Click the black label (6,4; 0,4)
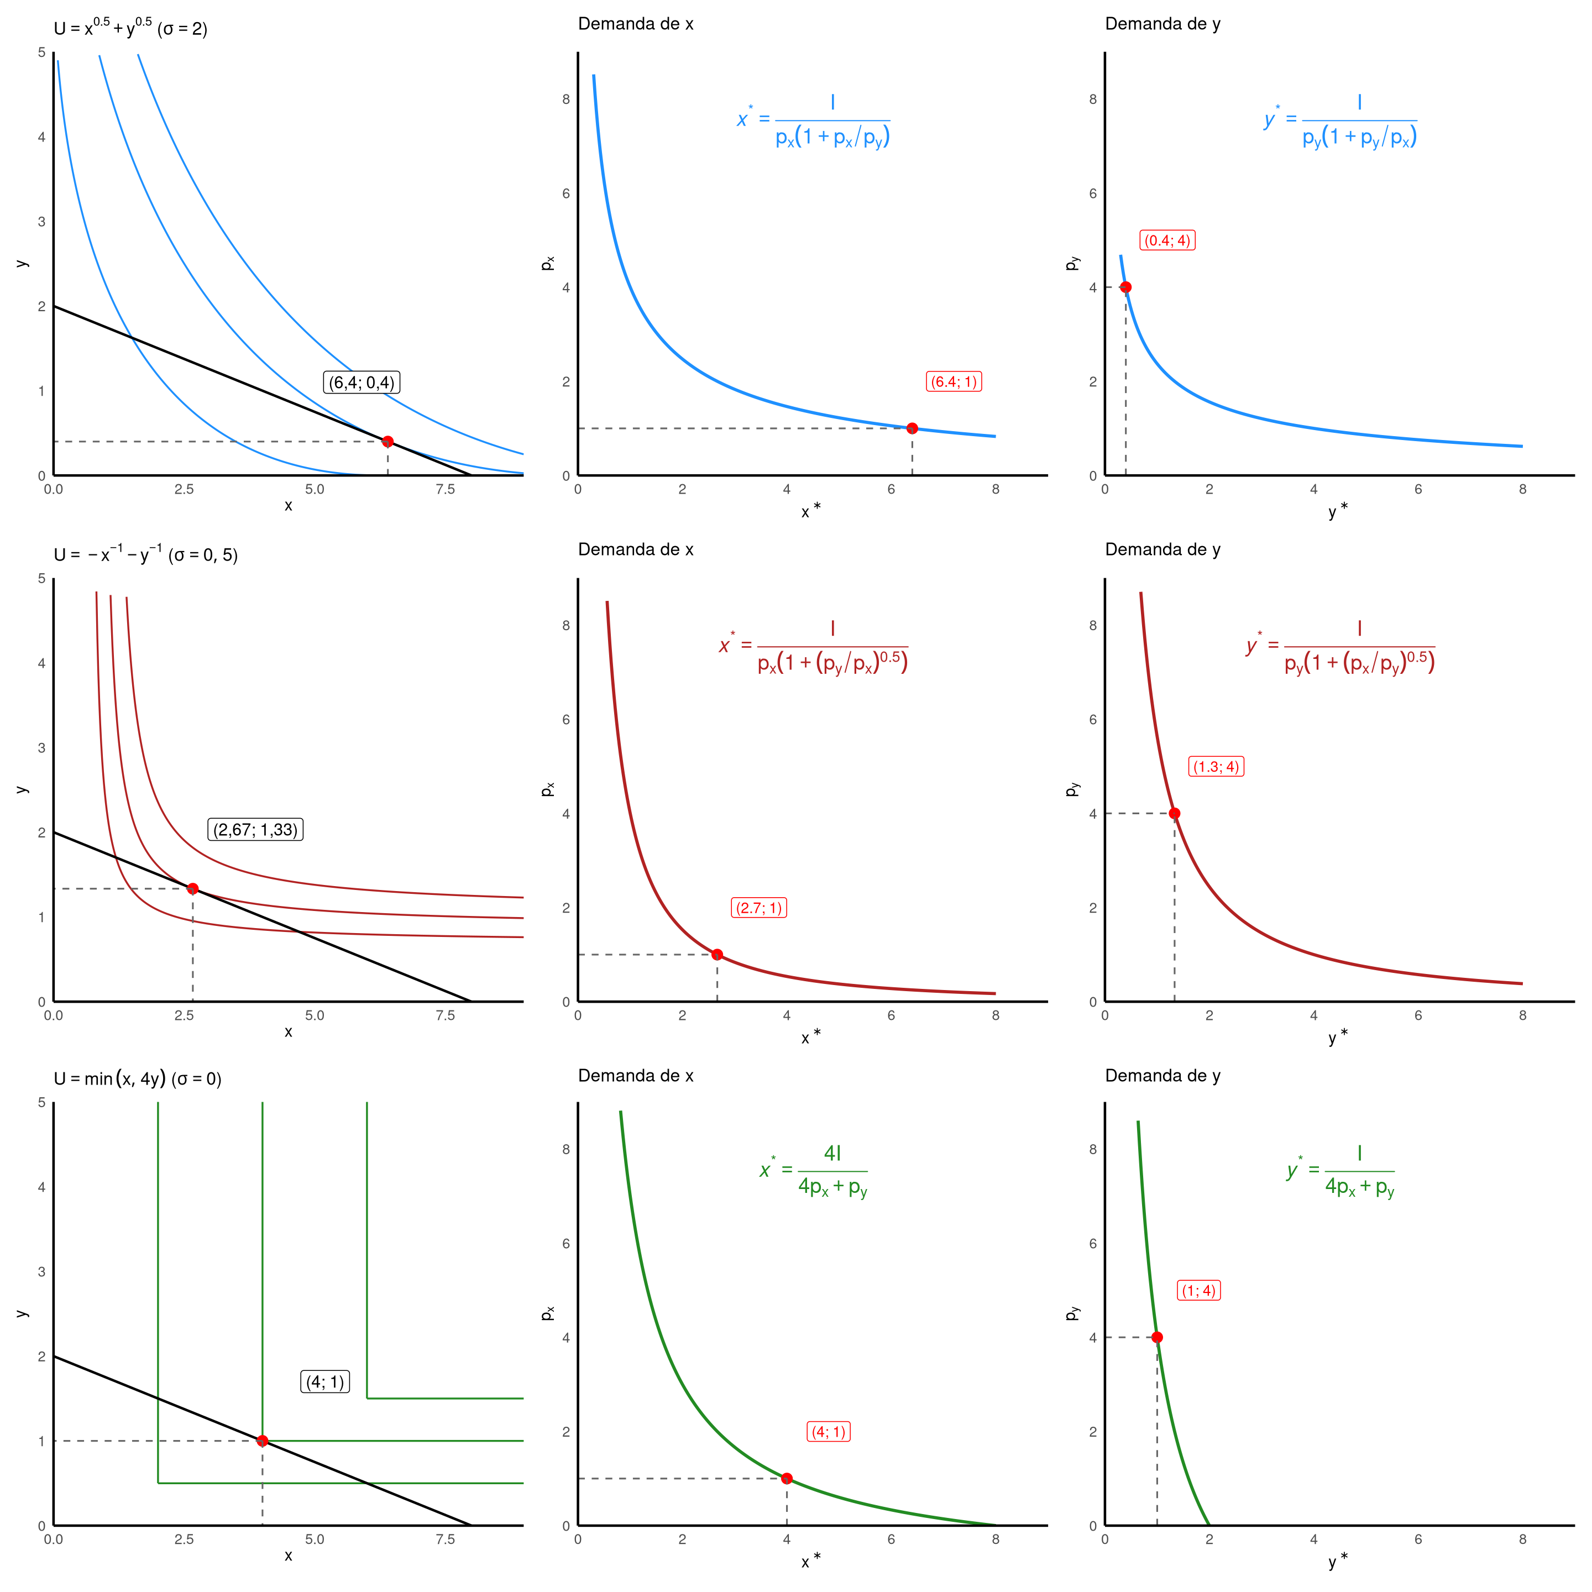point(361,383)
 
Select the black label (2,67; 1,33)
point(255,830)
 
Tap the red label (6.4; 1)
point(954,381)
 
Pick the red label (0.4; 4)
point(1167,240)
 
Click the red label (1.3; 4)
point(1216,766)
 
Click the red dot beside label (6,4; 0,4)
point(388,442)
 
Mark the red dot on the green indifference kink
point(262,1441)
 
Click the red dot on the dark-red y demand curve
point(1174,813)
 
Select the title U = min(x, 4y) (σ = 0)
point(138,1078)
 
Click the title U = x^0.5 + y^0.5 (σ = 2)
point(131,28)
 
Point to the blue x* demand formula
point(814,121)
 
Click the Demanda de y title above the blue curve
point(1162,24)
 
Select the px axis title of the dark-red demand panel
point(547,789)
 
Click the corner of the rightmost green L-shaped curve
point(366,1399)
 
